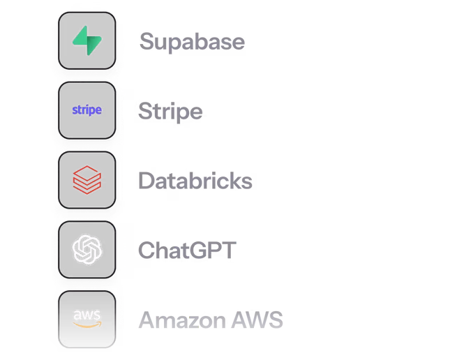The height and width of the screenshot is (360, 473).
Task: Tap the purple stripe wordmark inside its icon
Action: coord(87,110)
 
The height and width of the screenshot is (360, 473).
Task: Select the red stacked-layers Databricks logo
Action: coord(87,179)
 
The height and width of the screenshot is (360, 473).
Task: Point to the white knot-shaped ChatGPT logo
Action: coord(87,249)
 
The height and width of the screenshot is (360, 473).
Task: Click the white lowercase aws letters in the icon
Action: coord(87,315)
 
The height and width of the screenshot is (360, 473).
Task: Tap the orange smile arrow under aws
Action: coord(88,325)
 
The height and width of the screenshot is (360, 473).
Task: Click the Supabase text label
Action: coord(192,42)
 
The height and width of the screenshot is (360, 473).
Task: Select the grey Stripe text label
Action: coord(170,112)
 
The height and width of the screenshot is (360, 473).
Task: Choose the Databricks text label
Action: coord(195,181)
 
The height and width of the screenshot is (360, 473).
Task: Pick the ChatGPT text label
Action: coord(187,250)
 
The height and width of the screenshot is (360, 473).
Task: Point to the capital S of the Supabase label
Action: coord(145,42)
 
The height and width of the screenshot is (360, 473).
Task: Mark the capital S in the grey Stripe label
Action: coord(145,111)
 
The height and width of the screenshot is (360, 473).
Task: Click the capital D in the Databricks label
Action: coord(146,181)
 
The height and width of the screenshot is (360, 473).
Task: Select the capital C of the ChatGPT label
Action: coord(147,250)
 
